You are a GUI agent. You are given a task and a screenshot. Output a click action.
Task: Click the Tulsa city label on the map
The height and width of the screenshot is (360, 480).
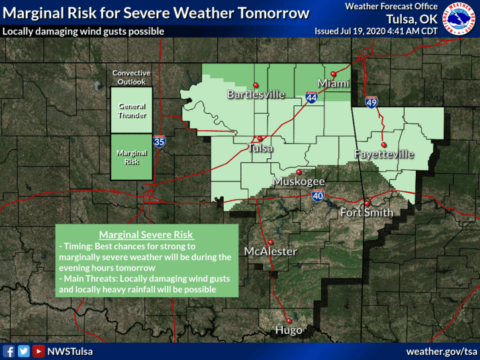(260, 149)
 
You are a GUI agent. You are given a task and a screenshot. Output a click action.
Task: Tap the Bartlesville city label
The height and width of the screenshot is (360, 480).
(256, 95)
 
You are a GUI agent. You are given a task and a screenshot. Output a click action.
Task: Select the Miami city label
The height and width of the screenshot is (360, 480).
(332, 83)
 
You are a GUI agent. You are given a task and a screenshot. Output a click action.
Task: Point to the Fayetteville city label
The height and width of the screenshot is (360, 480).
(383, 154)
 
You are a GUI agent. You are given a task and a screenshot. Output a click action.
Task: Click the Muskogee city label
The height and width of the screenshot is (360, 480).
(299, 181)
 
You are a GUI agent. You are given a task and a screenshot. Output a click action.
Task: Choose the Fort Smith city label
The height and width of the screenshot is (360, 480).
(366, 212)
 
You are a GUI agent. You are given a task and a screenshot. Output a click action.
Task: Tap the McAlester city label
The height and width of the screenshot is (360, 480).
(270, 251)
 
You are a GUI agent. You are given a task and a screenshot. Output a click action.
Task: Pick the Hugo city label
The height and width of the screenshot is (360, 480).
(289, 330)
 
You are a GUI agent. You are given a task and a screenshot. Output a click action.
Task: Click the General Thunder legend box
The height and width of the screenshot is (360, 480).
(132, 111)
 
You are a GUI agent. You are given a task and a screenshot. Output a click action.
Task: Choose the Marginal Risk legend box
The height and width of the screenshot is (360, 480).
(132, 157)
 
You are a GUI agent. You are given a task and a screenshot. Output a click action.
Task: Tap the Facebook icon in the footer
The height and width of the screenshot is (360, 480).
(9, 351)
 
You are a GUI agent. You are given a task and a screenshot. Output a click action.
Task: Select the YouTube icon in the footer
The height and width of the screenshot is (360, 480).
(39, 351)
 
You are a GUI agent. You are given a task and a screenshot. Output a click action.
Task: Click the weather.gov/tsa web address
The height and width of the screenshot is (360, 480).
(441, 351)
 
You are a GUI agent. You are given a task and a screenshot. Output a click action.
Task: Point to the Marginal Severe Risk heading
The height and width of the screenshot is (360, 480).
(146, 235)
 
